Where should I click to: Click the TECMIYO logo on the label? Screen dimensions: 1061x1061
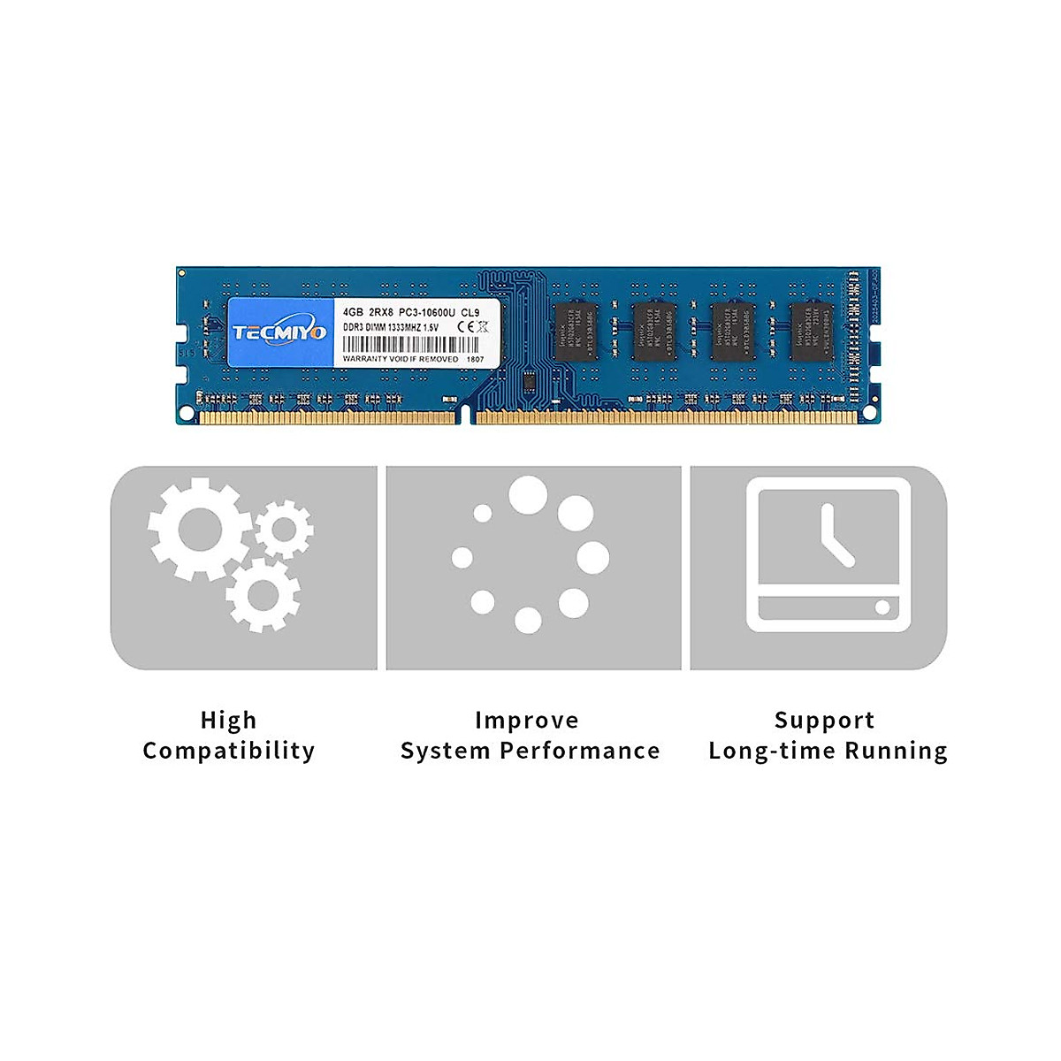click(x=279, y=332)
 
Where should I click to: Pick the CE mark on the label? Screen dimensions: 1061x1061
click(x=463, y=328)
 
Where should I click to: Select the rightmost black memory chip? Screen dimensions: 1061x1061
click(x=812, y=330)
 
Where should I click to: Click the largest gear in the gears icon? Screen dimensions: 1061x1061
click(x=198, y=530)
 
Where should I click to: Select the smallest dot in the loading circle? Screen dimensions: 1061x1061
click(x=483, y=513)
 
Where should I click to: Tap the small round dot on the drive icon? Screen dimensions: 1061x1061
click(x=882, y=607)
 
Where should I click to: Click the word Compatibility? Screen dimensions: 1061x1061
click(x=228, y=751)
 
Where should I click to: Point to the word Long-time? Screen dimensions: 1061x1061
click(x=771, y=751)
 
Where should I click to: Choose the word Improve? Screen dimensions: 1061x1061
click(x=527, y=721)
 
